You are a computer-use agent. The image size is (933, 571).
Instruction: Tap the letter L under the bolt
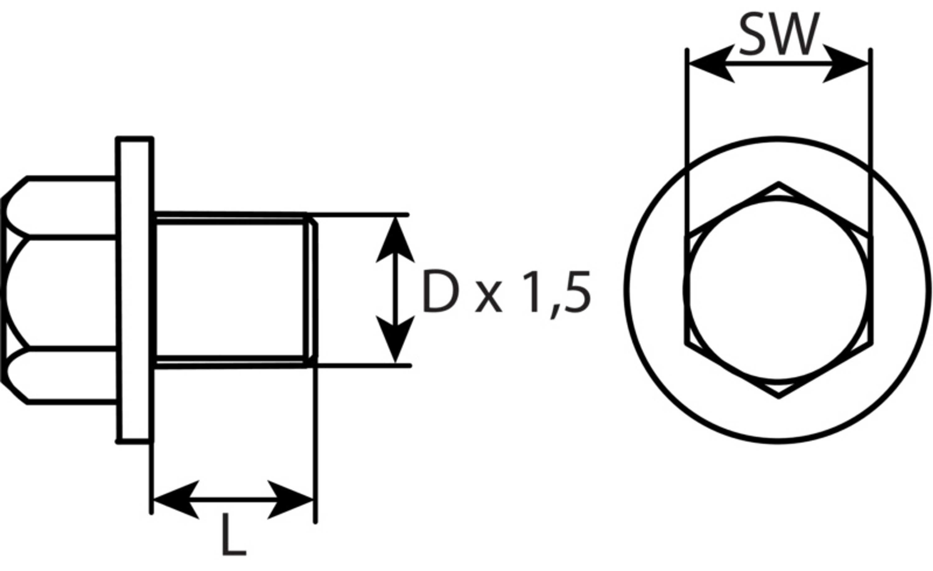[x=234, y=535]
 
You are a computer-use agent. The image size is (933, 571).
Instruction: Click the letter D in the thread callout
[x=440, y=291]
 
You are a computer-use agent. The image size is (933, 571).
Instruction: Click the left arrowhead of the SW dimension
[x=710, y=63]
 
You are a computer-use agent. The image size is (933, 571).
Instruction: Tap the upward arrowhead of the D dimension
[x=395, y=241]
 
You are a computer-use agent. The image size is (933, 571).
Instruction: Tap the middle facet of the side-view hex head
[x=61, y=292]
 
